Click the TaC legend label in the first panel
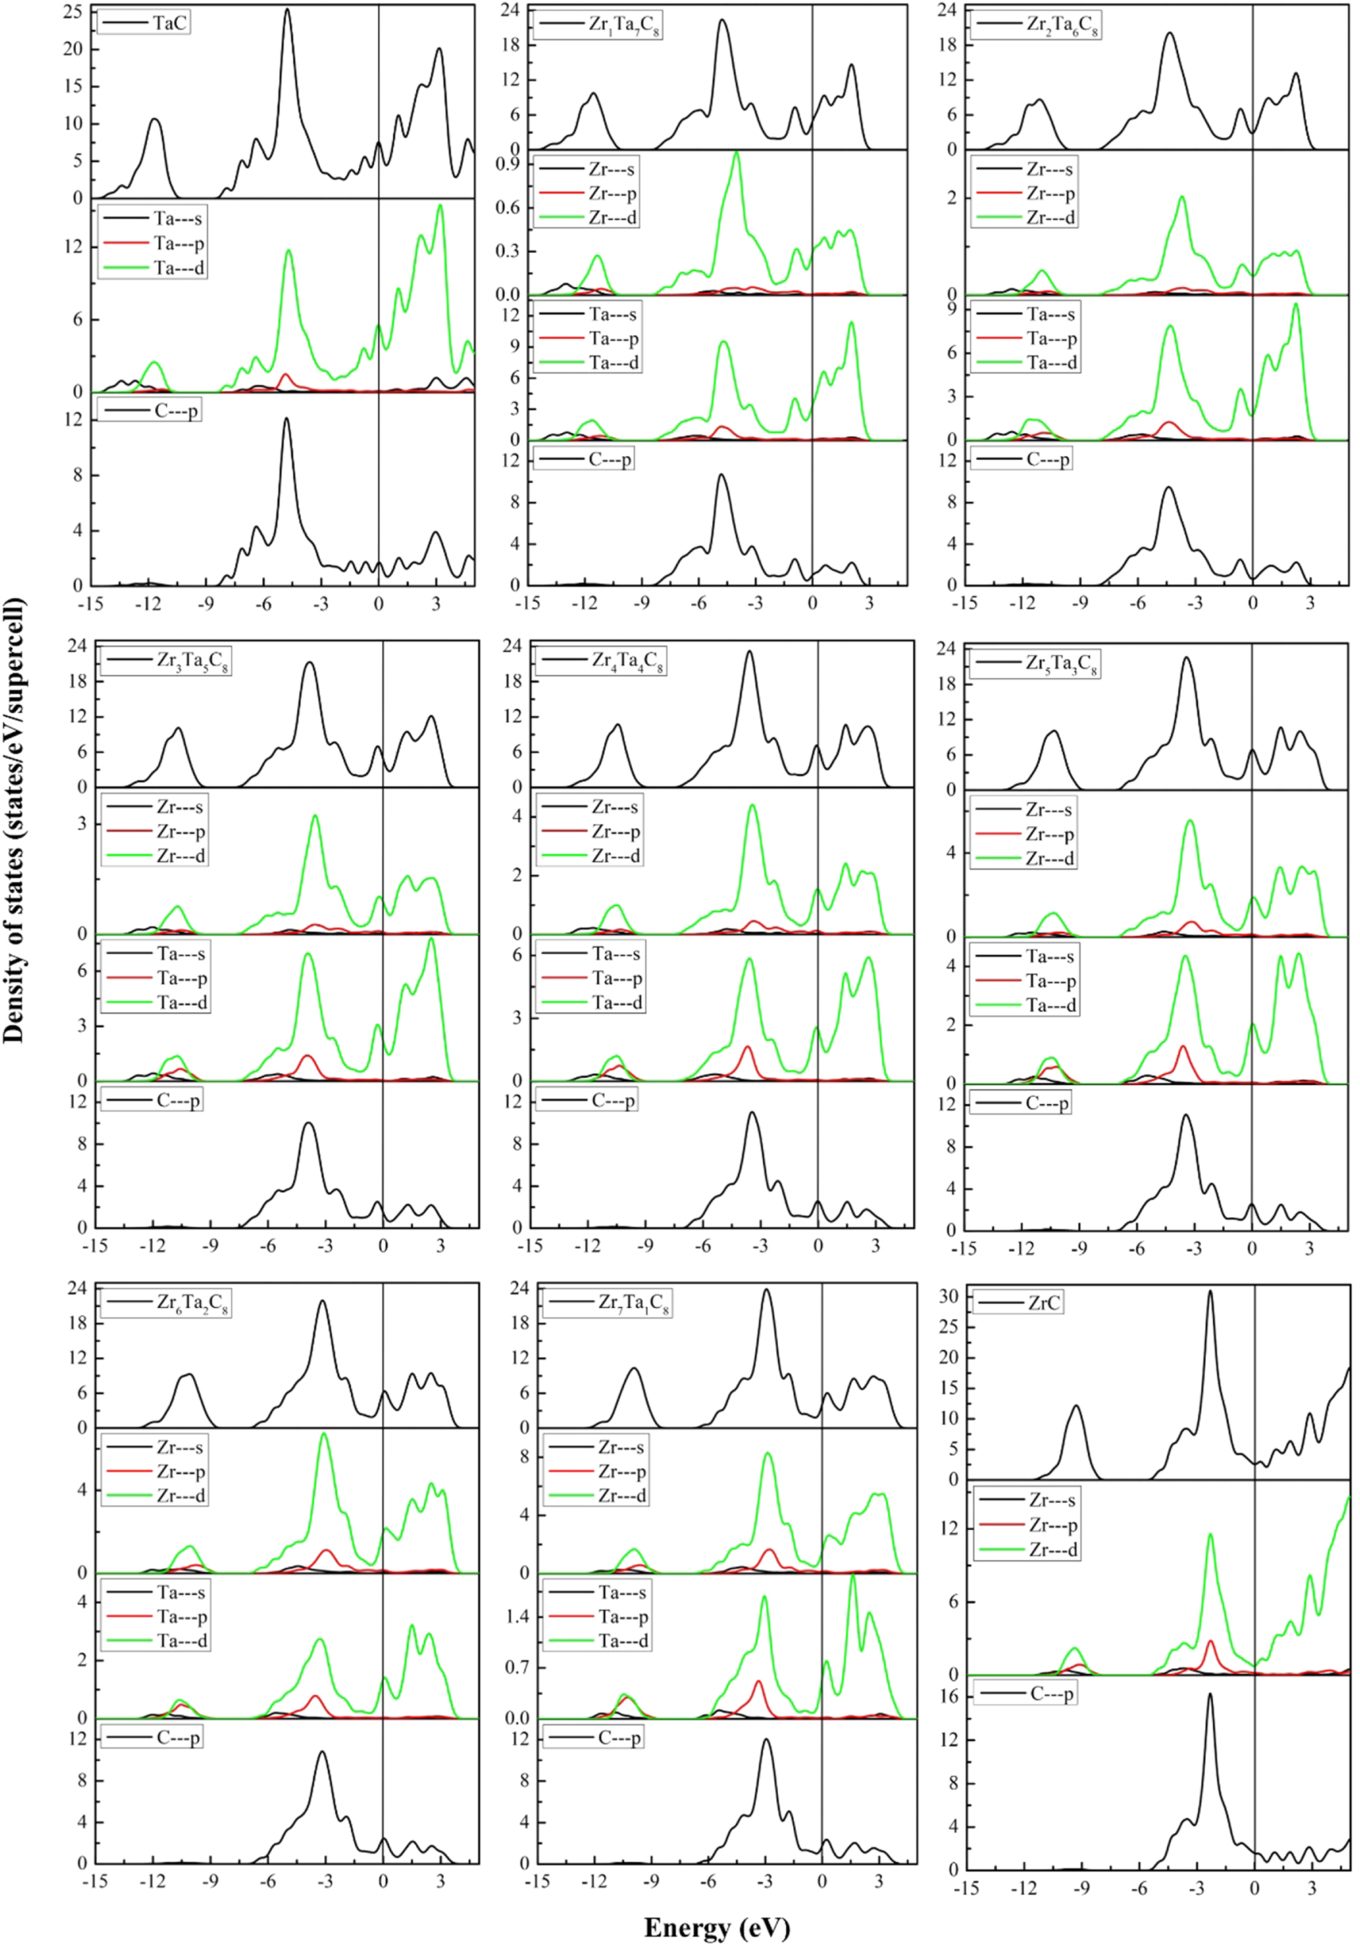tap(170, 23)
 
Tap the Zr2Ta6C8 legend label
tap(1063, 25)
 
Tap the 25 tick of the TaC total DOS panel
tap(74, 12)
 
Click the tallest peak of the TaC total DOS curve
tap(287, 10)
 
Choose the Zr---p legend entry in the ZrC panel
tap(1052, 1525)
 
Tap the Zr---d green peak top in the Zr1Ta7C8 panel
tap(736, 153)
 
